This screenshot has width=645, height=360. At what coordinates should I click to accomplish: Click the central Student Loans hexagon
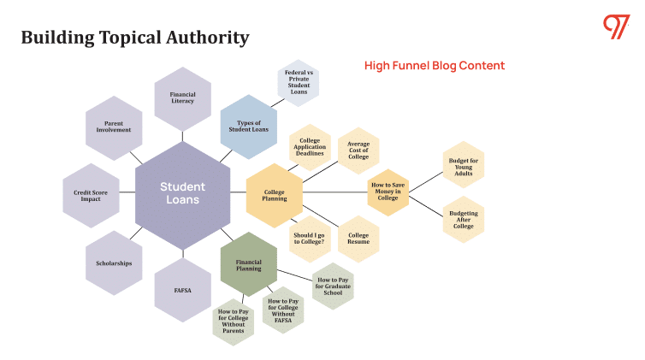click(182, 192)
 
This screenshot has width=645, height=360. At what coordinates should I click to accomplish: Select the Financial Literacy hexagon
click(182, 98)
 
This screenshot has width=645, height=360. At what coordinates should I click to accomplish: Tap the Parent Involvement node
click(114, 127)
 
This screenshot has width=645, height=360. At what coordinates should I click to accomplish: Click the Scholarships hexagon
click(114, 263)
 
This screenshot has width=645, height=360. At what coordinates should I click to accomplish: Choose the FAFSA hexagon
click(182, 290)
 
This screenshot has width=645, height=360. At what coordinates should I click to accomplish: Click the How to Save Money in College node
click(388, 192)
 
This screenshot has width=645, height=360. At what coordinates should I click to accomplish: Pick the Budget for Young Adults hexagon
click(463, 164)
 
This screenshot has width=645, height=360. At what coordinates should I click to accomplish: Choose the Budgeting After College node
click(463, 220)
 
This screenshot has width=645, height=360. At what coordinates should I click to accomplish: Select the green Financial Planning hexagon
click(249, 264)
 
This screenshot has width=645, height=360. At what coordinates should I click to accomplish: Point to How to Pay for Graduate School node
click(333, 286)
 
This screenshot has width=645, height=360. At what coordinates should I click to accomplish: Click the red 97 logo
click(615, 27)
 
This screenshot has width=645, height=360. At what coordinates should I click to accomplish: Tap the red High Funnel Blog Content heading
click(435, 66)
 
